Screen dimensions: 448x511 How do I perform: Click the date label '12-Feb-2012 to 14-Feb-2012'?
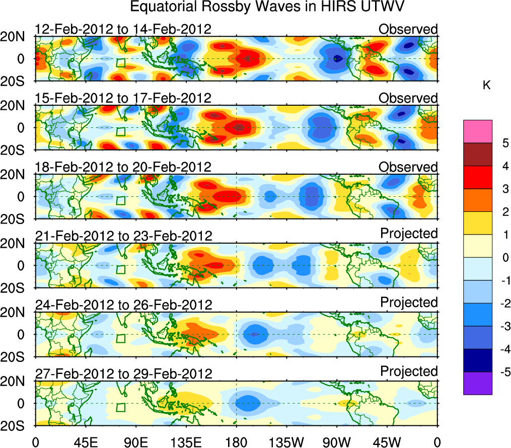click(x=123, y=29)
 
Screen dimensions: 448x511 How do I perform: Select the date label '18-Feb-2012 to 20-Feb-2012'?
click(x=123, y=167)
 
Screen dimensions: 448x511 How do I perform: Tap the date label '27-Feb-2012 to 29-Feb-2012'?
click(x=123, y=374)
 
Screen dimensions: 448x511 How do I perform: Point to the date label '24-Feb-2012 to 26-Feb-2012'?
click(x=123, y=305)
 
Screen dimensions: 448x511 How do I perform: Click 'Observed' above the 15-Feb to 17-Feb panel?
click(x=408, y=98)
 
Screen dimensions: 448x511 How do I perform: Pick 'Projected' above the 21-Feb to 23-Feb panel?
click(x=409, y=233)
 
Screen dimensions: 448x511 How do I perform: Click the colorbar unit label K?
click(x=486, y=86)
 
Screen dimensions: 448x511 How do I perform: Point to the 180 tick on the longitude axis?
click(x=236, y=442)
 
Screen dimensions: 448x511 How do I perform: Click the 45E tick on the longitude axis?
click(x=86, y=442)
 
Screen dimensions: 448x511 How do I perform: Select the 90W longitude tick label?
click(x=337, y=442)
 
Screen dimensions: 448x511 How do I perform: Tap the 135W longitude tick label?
click(x=286, y=442)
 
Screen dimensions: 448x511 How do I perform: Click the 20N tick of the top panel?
click(x=16, y=37)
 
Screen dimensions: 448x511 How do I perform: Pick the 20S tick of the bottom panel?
click(x=16, y=425)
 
